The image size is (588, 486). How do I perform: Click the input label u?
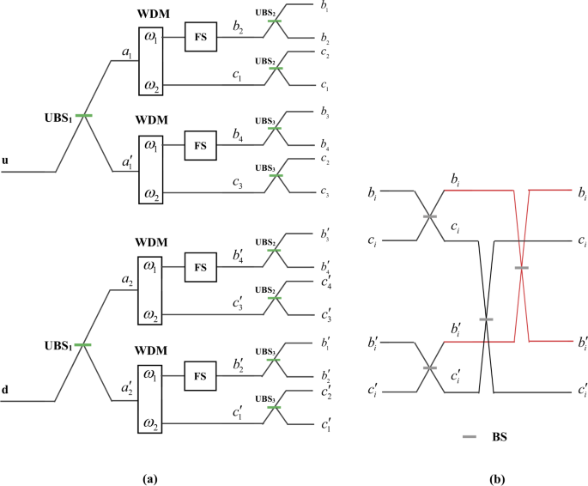tap(6, 160)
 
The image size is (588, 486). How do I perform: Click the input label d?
tap(6, 389)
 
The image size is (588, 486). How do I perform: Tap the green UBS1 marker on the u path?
tap(83, 115)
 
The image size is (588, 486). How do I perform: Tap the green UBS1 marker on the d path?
tap(83, 344)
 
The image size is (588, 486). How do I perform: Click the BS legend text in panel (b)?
tap(497, 437)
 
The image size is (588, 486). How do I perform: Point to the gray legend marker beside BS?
tap(469, 437)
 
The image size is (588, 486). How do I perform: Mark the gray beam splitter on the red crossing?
tap(522, 269)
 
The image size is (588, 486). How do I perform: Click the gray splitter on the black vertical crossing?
tap(487, 319)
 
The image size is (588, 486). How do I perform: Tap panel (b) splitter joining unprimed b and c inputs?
tap(429, 217)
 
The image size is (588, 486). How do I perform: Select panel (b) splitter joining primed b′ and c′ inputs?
tap(429, 368)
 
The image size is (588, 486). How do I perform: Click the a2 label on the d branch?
tap(126, 281)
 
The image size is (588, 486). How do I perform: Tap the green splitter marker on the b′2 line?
tap(275, 361)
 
